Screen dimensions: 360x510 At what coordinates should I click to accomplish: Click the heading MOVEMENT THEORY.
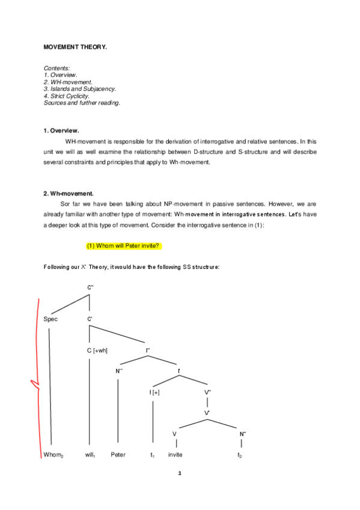coord(75,47)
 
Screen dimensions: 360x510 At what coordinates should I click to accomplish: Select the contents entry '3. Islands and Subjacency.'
coord(80,89)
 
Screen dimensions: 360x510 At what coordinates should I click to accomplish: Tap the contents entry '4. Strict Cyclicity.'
coord(67,96)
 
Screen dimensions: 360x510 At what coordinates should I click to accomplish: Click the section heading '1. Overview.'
coord(61,131)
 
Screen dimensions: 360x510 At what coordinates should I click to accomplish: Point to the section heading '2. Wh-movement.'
coord(69,194)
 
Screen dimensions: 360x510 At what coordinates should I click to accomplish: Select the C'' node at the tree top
coord(90,288)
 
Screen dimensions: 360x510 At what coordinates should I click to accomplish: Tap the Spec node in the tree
coord(50,319)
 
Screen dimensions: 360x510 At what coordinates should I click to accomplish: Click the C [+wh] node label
coord(97,350)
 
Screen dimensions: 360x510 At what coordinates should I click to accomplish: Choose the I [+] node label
coord(154,392)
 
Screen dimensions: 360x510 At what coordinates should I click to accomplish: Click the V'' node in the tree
coord(208,392)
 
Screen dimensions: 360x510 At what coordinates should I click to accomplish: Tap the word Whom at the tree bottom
coord(53,455)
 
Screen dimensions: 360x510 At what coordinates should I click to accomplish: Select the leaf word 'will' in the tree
coord(91,455)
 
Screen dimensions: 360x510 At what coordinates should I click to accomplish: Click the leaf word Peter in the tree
coord(118,455)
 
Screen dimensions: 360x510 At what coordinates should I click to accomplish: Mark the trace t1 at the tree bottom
coord(153,455)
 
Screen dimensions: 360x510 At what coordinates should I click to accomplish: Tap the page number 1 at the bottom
coord(180,473)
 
